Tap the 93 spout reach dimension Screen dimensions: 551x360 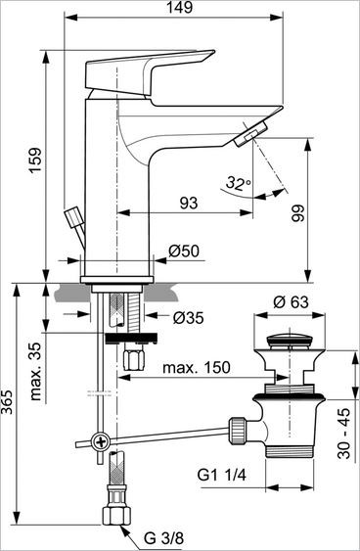[188, 203]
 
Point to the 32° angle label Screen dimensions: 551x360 [237, 182]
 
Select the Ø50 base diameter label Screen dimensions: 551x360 [184, 252]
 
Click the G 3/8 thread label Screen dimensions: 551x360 [164, 537]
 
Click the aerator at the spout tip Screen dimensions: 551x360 [251, 134]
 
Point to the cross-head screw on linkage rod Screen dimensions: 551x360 [100, 441]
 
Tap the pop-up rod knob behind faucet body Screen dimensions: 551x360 [71, 216]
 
